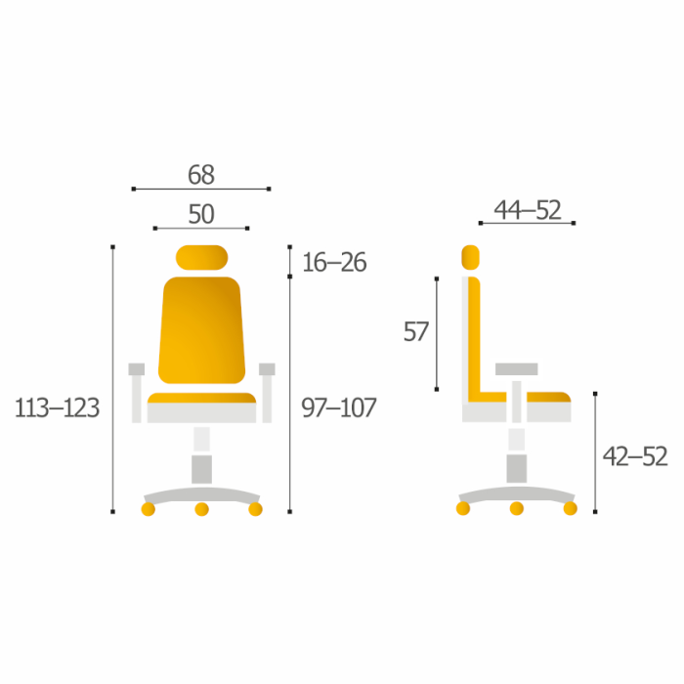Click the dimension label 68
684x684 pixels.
point(201,175)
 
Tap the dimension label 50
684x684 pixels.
point(201,214)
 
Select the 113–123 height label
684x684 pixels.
point(57,408)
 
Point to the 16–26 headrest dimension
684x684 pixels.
point(334,262)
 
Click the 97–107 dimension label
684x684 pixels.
point(338,407)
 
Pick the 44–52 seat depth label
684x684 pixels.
point(528,210)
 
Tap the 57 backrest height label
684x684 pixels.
point(416,331)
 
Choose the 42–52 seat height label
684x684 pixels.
point(635,456)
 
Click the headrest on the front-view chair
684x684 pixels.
point(201,257)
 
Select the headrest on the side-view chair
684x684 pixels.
point(470,257)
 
